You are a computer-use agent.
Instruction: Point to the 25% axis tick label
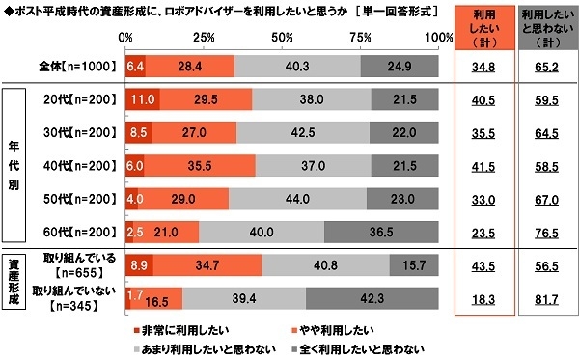tap(205, 36)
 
